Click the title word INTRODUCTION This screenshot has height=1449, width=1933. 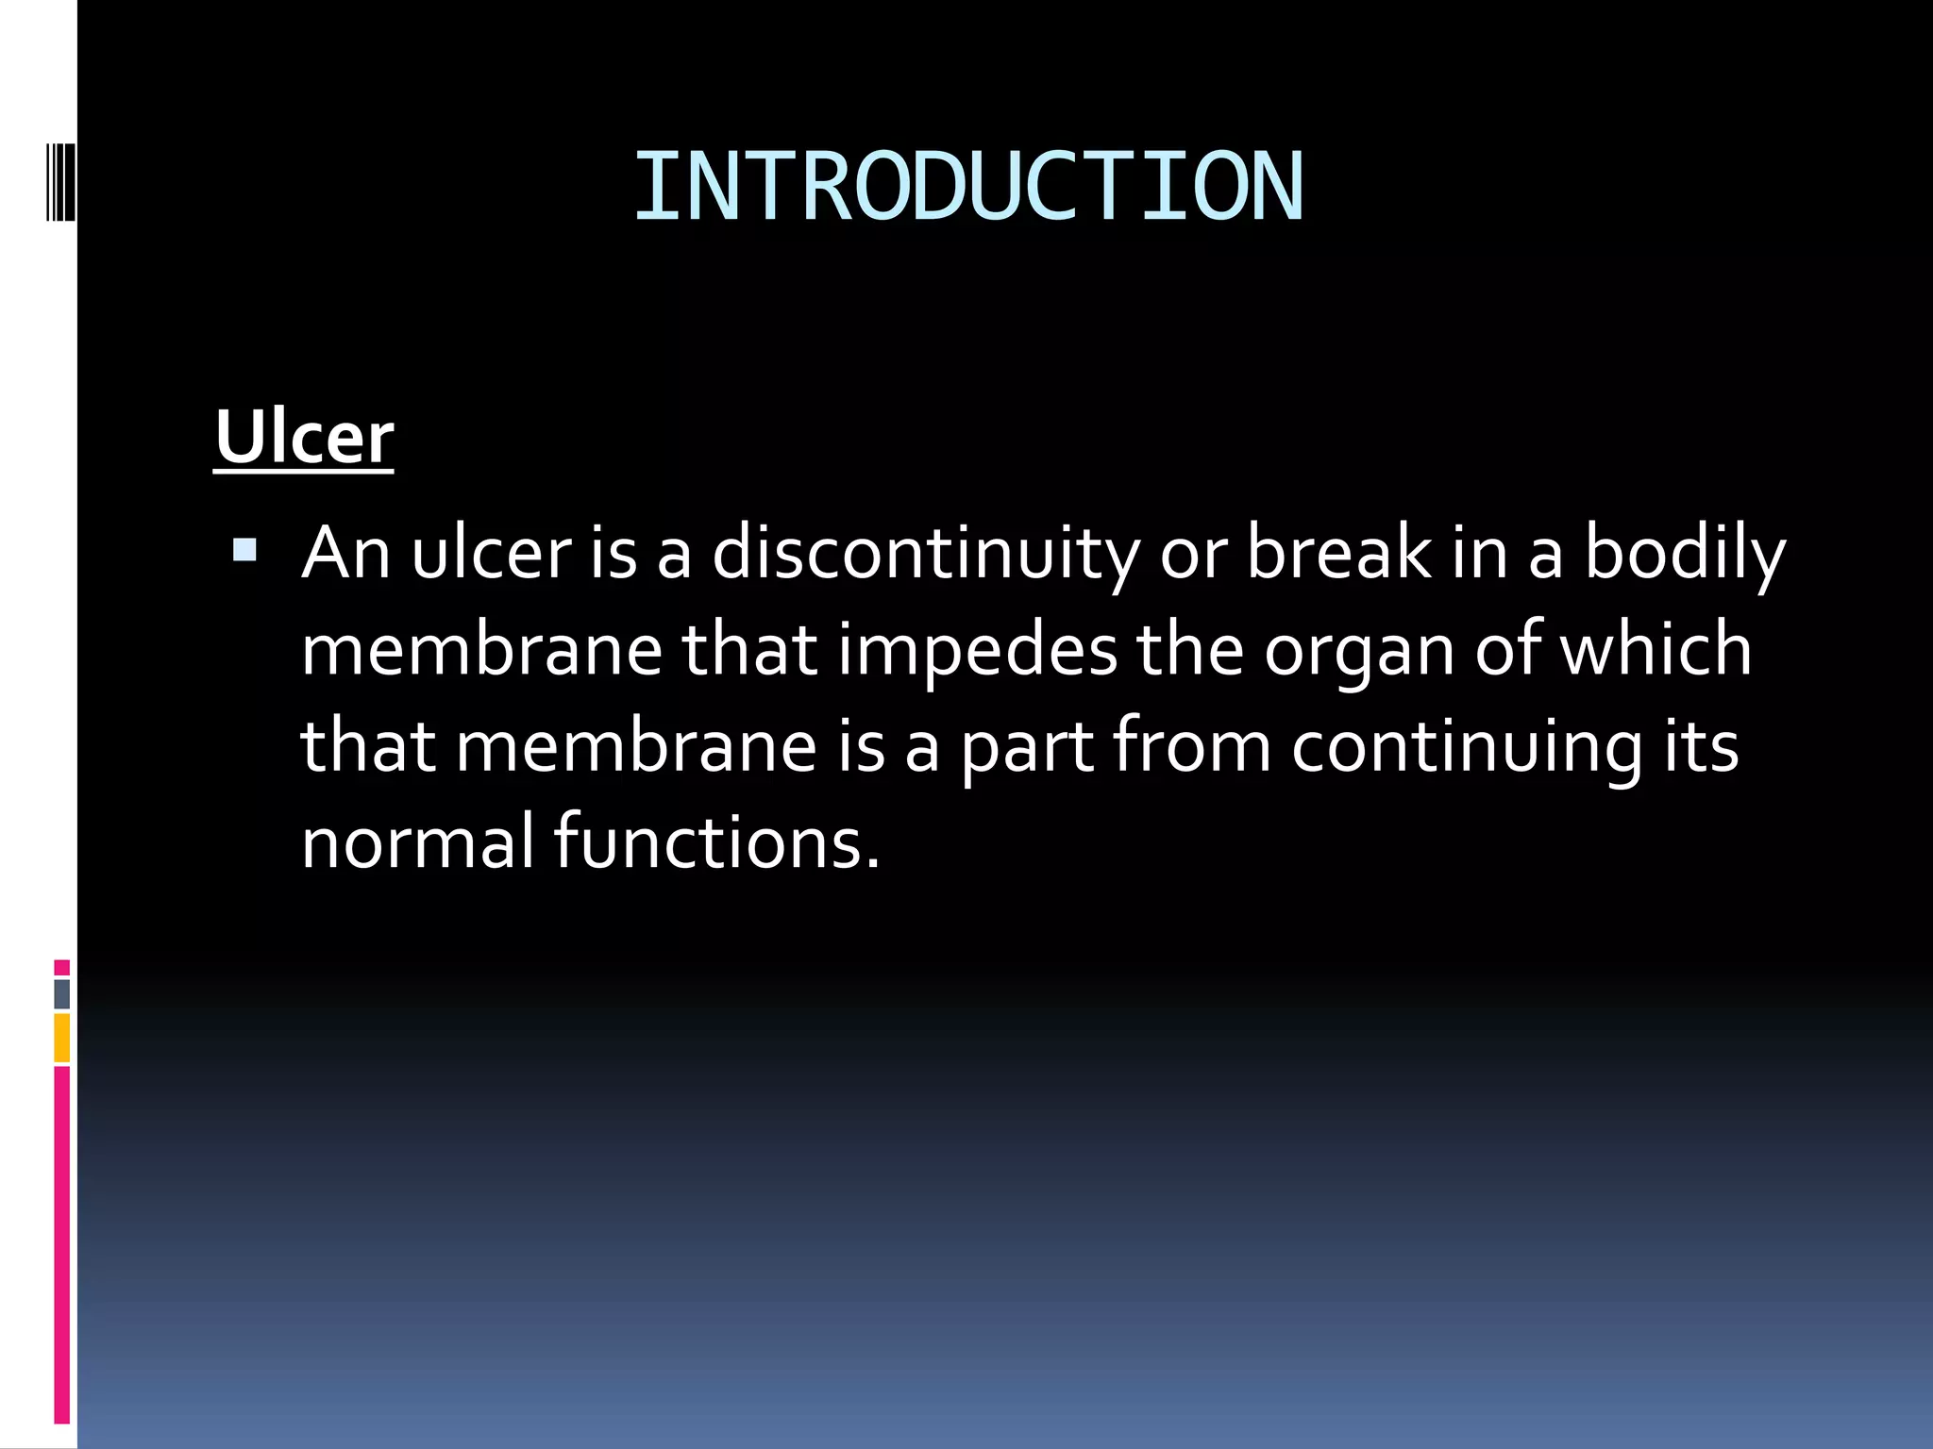click(967, 187)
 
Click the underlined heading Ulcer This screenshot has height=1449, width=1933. click(304, 438)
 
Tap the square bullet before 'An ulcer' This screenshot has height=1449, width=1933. click(244, 550)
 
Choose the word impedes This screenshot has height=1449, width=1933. click(978, 651)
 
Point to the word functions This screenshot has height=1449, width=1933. click(715, 841)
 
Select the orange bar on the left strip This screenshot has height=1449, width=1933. click(61, 1038)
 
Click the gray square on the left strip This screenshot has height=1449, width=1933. click(61, 993)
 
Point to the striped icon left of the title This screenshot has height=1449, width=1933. click(60, 170)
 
